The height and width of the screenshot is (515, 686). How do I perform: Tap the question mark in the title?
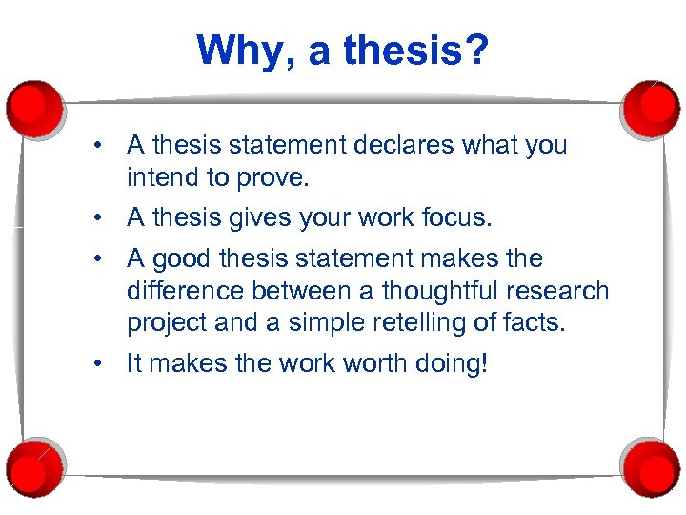coord(475,50)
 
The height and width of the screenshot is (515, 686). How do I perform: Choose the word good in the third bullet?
coord(183,258)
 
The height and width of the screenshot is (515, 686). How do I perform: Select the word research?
coord(561,291)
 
